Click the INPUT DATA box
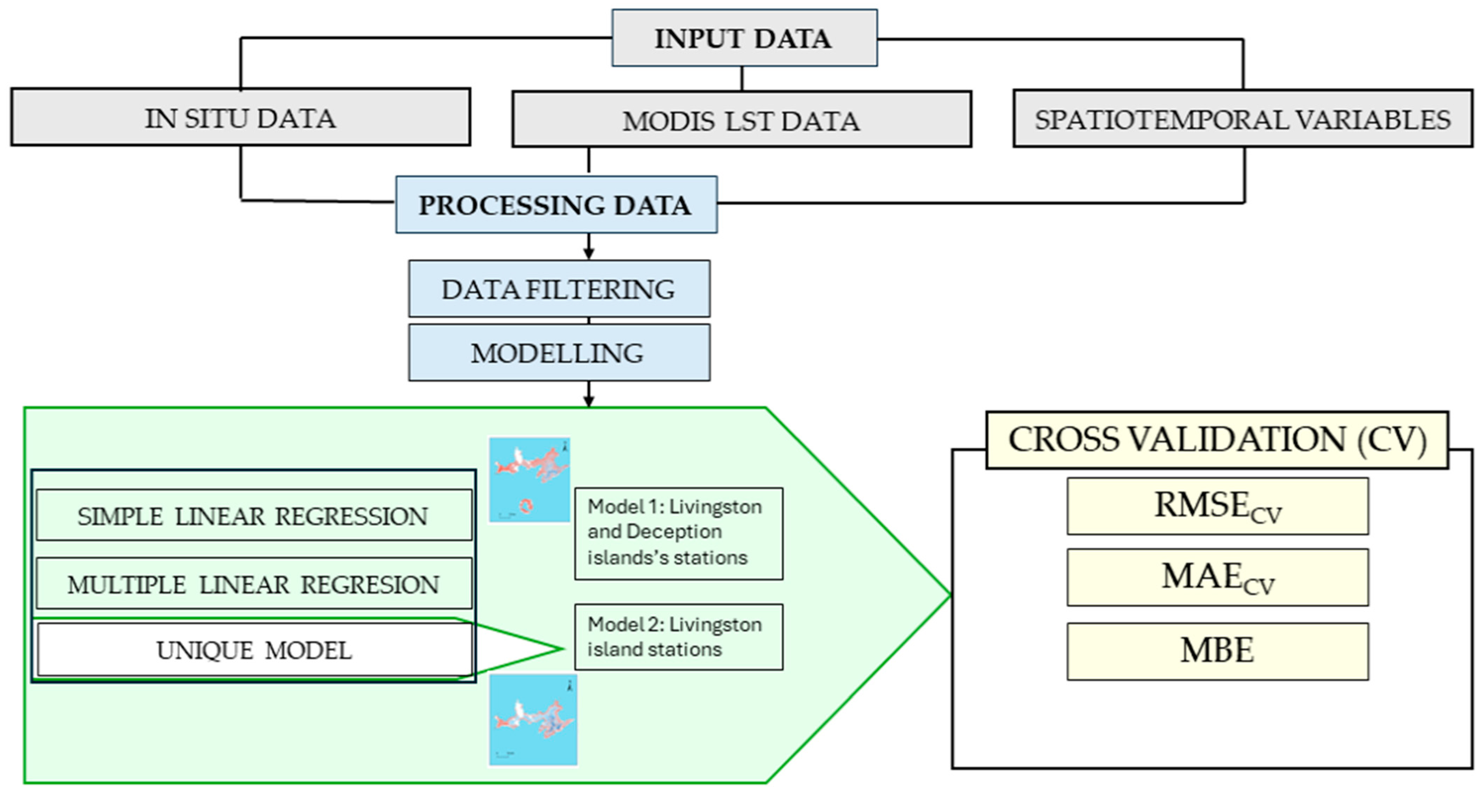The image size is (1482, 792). pos(744,38)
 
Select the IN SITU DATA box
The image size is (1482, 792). pos(240,117)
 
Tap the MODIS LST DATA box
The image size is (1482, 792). pos(742,120)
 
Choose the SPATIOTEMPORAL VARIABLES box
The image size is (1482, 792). pos(1243,119)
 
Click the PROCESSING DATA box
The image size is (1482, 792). pos(556,205)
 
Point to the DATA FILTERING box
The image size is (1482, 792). pos(558,289)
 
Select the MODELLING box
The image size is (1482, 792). pos(558,353)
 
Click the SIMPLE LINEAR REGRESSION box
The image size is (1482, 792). pos(254,515)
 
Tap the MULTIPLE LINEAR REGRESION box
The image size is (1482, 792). pos(254,584)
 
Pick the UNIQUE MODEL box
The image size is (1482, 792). pos(254,650)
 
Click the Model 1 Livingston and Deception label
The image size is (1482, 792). pos(678,533)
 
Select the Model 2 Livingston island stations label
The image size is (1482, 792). pos(678,637)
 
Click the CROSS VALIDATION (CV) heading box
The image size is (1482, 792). pos(1217,440)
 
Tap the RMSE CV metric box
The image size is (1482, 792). pos(1217,506)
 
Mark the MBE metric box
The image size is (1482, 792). pos(1217,651)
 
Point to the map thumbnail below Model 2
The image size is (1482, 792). pos(533,720)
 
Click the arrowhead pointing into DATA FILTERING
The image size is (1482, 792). pos(588,254)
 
